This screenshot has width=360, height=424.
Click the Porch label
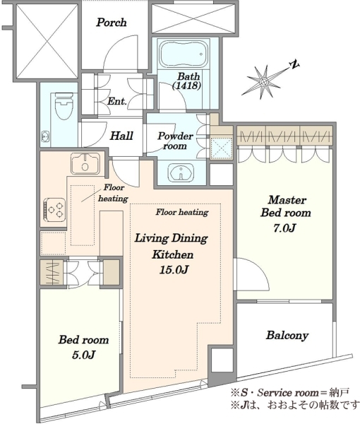point(112,23)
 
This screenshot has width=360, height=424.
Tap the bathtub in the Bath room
point(184,54)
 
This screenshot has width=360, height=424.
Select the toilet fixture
point(64,107)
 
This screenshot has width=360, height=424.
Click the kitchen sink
point(85,164)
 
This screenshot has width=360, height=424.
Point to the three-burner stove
point(55,208)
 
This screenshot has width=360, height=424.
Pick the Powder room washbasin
point(181,172)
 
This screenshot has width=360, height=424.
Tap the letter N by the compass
point(294,64)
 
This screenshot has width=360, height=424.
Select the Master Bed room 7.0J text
point(286,213)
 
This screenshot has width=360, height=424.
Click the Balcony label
point(287,335)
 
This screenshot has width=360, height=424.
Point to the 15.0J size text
point(174,270)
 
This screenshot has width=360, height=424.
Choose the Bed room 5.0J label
point(83,347)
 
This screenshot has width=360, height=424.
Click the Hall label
point(121,136)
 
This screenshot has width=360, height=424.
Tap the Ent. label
point(117,101)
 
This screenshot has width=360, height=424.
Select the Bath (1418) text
point(187,81)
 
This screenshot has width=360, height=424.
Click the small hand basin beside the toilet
point(45,136)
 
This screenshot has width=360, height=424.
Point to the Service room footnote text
point(290,393)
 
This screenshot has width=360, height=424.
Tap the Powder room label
point(175,141)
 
